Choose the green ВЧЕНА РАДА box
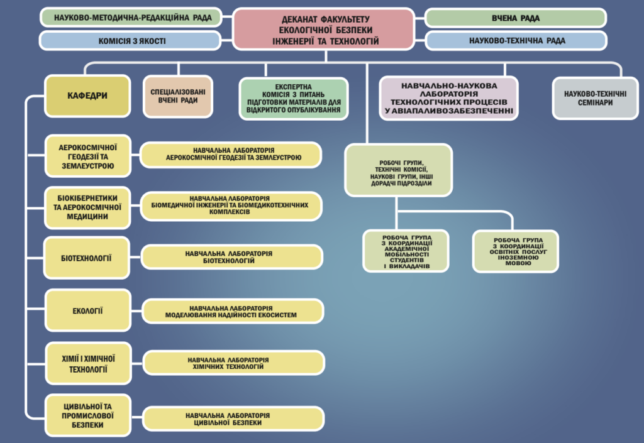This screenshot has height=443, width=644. (x=516, y=18)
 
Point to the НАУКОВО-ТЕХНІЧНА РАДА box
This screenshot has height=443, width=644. (x=516, y=41)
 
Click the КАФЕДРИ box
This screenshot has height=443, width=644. (x=87, y=96)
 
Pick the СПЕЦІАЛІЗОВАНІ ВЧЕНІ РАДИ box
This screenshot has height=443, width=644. (x=177, y=96)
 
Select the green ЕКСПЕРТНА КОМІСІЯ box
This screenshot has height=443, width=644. (x=294, y=98)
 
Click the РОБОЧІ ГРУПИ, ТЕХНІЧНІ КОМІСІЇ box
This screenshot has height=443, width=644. (x=398, y=170)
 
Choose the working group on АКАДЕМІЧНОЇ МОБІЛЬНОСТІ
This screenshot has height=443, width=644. (x=406, y=251)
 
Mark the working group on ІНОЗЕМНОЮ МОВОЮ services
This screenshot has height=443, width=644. (x=515, y=251)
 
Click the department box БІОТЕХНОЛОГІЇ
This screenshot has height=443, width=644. (x=87, y=258)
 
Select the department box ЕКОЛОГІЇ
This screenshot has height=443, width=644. (x=87, y=310)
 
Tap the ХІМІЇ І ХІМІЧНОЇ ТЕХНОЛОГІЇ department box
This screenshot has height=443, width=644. (x=87, y=363)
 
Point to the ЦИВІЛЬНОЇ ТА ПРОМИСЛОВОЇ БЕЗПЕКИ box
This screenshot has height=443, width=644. (x=87, y=415)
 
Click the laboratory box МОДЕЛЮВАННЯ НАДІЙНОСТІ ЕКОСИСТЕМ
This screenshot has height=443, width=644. (x=233, y=310)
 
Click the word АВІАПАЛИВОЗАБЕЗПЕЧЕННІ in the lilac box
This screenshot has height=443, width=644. (x=449, y=111)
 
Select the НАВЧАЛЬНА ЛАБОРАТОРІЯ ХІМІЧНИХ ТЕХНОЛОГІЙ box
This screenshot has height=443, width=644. (x=233, y=363)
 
